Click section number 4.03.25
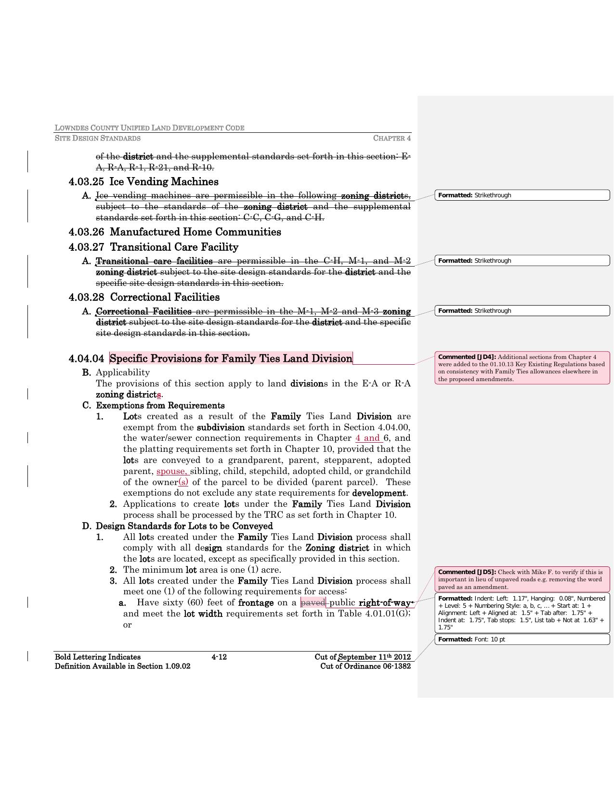[86, 182]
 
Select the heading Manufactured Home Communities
[195, 232]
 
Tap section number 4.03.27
[86, 247]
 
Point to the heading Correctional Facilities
[164, 297]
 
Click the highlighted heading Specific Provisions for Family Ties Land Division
[231, 359]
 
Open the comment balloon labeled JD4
[522, 368]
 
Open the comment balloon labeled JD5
[522, 579]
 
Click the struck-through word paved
[313, 602]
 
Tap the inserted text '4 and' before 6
[368, 438]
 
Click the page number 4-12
[219, 657]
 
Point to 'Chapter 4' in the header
[392, 139]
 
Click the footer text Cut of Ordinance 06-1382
[366, 666]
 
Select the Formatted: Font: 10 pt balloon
[522, 640]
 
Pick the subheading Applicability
[123, 372]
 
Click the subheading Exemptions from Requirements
[160, 405]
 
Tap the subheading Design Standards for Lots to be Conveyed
[184, 526]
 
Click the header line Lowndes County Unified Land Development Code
[149, 128]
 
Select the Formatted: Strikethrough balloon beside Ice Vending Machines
[522, 195]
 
